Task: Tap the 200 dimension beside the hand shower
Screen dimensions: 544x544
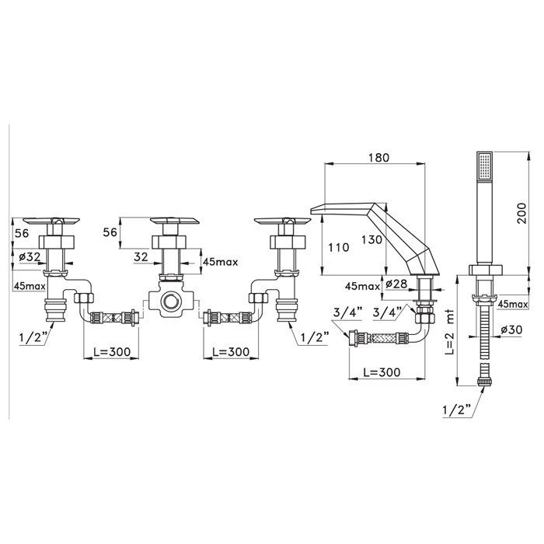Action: [521, 213]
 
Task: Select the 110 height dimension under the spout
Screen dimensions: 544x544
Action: [339, 247]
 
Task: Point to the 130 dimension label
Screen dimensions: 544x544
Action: [371, 239]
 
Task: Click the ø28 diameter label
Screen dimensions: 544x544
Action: [396, 284]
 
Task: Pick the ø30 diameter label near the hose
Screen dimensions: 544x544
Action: [511, 330]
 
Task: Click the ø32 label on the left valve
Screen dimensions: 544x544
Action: [30, 256]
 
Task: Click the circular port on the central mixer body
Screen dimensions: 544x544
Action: [170, 301]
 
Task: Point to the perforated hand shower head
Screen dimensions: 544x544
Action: [485, 166]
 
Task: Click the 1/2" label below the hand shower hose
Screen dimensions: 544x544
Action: [457, 410]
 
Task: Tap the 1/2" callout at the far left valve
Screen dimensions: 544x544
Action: [33, 337]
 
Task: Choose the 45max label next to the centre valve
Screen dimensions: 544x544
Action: [220, 262]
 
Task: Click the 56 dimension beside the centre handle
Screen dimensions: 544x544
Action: [110, 232]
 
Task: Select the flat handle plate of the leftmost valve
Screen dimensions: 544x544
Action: [51, 221]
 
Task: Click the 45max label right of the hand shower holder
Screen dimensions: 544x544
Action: [513, 305]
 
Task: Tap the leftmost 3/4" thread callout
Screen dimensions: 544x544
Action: [347, 312]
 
